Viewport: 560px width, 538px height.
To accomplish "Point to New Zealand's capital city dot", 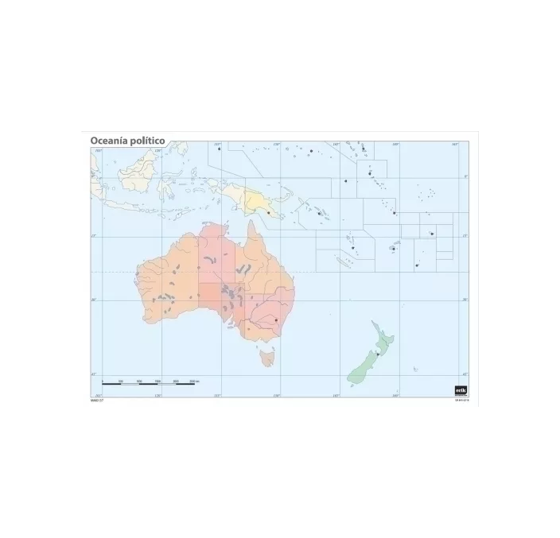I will click(x=377, y=353).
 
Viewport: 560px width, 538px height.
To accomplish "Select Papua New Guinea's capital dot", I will click(x=269, y=212).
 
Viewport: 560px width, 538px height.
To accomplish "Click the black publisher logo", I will click(x=460, y=389).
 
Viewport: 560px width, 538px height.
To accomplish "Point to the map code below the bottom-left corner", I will click(x=98, y=401).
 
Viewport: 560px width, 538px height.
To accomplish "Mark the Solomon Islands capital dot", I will click(x=318, y=213).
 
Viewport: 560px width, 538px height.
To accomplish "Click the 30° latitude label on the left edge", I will click(x=93, y=300).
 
